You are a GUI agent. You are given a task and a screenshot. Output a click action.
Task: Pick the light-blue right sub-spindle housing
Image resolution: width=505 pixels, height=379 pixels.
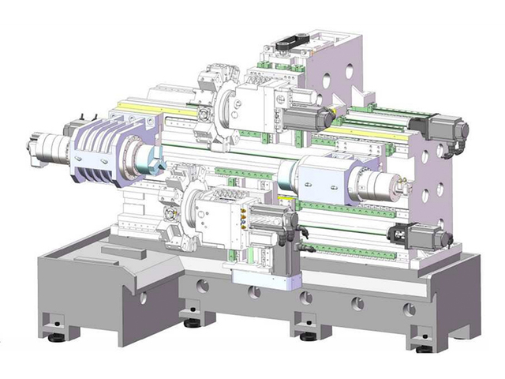(324, 178)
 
